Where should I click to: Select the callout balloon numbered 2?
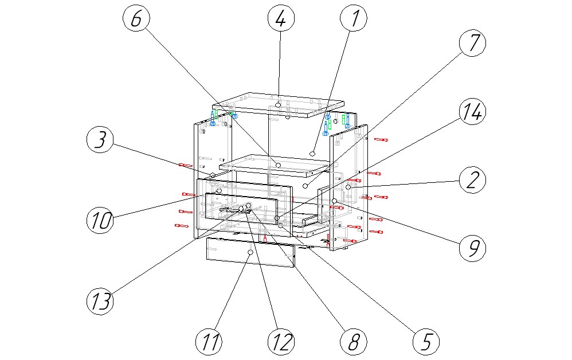pos(472,180)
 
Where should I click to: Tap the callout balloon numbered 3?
pos(101,140)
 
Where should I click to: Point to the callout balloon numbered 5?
pos(426,342)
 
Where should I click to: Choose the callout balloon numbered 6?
pos(136,19)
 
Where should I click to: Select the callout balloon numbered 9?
pos(472,248)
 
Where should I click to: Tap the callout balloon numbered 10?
pos(101,220)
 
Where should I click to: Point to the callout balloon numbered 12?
pos(280,342)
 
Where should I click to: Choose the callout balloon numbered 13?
pos(101,300)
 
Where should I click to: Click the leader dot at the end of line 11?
pos(250,252)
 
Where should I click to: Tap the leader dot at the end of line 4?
pos(278,105)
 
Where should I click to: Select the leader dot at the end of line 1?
pos(312,153)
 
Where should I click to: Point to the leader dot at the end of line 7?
pos(306,186)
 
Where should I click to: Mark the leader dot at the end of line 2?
pos(348,187)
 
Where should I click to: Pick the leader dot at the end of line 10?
pos(218,190)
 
